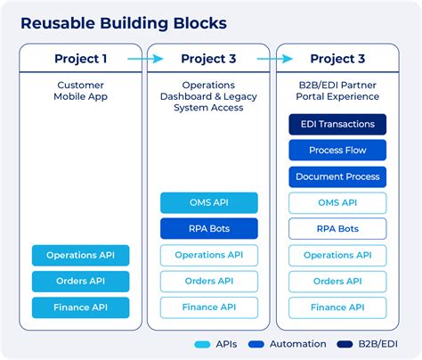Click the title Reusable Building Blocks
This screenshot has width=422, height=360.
pos(125,22)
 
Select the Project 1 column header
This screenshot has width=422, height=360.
pos(80,59)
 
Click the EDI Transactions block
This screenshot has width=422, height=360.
pos(338,125)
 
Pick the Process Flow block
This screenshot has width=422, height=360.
pos(338,151)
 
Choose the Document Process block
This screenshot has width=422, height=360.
pos(338,176)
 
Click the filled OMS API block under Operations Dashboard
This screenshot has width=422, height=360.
pos(208,202)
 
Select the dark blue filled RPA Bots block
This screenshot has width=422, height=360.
pos(208,229)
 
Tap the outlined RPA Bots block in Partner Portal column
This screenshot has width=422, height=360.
pos(338,229)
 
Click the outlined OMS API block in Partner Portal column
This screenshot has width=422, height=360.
pos(338,202)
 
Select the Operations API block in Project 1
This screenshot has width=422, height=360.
pos(80,256)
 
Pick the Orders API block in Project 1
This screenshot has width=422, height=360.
pos(80,282)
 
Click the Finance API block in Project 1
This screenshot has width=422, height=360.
pos(80,307)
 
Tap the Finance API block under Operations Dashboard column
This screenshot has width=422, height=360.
pos(208,307)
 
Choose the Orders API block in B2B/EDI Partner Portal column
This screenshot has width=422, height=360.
pos(338,282)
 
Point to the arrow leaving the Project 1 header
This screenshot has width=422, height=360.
pos(144,59)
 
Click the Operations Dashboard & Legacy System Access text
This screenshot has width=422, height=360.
pos(208,95)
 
